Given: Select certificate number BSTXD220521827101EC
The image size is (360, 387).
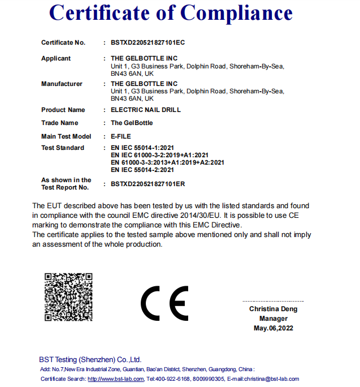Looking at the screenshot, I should [x=148, y=42].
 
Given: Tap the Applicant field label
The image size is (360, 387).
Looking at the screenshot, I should [x=56, y=58].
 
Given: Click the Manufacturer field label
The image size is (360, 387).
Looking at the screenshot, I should [x=62, y=84].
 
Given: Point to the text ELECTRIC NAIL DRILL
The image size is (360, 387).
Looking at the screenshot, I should [x=146, y=110].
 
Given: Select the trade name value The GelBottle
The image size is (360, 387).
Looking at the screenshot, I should [x=132, y=123].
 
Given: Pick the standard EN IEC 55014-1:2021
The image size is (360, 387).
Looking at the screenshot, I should [x=142, y=148].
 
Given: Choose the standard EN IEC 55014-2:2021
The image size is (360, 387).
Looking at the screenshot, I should [x=142, y=170].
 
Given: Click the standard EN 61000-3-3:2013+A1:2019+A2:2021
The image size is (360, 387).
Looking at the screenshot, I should [x=167, y=162].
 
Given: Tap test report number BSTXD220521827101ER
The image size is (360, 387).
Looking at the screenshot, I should [x=148, y=184].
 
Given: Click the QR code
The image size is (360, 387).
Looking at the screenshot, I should [x=68, y=296].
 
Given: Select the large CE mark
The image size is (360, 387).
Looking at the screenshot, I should [x=164, y=304].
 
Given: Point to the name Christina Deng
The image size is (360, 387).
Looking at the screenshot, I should [x=273, y=309].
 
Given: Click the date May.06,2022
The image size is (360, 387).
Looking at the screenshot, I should [x=273, y=328].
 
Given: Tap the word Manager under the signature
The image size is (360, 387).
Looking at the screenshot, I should [x=273, y=319].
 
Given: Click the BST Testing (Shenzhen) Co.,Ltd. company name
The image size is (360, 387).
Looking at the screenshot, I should [x=90, y=359].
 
